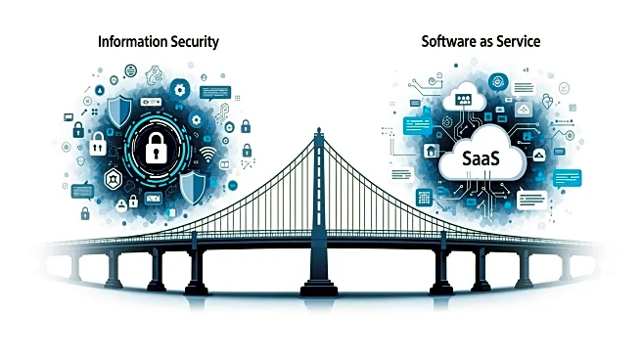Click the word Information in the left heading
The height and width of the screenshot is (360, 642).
[131, 42]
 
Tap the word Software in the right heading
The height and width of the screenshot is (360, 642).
[448, 42]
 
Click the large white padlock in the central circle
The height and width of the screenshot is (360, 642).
[158, 148]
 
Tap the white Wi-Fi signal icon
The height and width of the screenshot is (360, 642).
[206, 156]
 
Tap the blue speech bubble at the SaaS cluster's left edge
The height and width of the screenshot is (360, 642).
[415, 125]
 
